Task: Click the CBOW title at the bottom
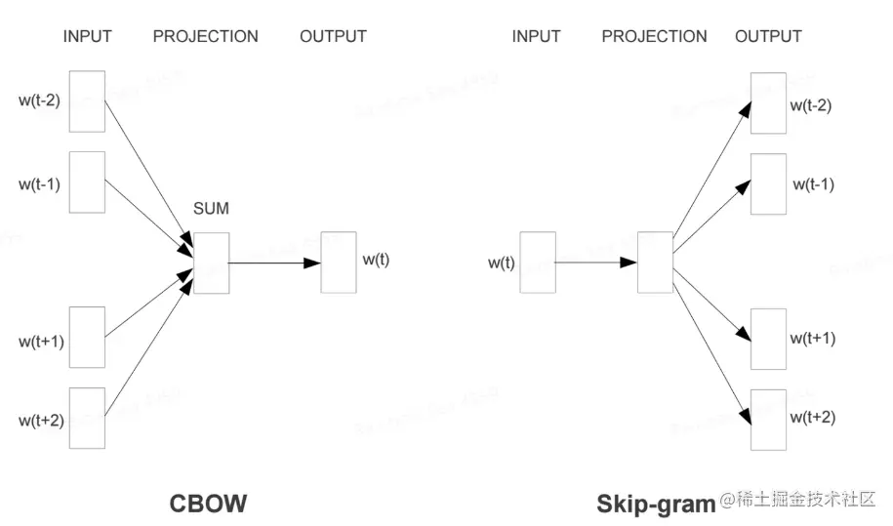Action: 208,504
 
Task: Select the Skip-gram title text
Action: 656,504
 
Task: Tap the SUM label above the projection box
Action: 211,208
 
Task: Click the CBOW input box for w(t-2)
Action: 87,101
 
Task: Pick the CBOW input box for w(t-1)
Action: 87,181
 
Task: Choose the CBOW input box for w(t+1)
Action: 87,338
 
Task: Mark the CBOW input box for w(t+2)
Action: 87,418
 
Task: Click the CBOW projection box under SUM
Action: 211,263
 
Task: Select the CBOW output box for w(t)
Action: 339,262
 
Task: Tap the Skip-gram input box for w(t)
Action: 538,262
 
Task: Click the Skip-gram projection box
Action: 655,262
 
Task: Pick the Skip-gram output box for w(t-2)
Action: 768,102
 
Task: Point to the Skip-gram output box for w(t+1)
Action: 768,339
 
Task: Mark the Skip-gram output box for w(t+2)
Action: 768,419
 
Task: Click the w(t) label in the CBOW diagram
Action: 376,260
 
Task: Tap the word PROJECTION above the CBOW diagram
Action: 205,37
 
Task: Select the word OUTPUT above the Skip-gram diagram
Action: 768,37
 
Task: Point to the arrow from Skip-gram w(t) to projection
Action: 596,263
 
